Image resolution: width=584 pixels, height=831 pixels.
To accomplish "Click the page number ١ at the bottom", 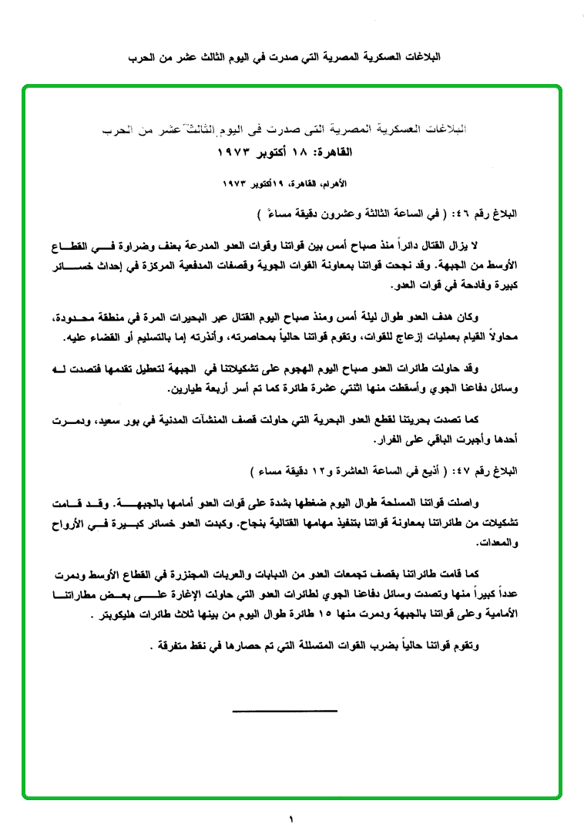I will click(292, 819).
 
